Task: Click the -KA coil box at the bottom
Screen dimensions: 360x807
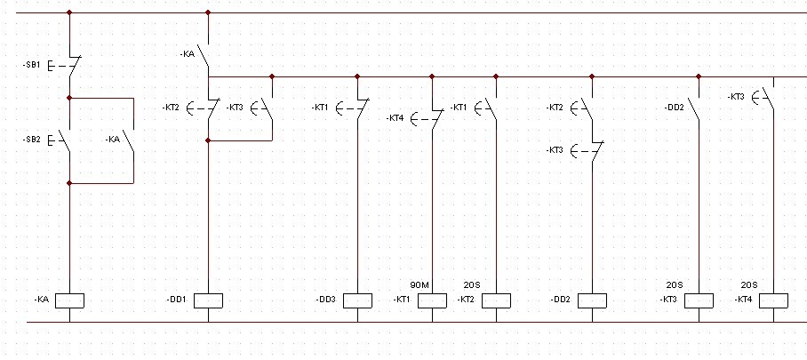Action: (x=69, y=300)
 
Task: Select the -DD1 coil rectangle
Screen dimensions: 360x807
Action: (x=207, y=300)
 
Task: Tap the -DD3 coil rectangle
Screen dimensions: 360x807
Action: (x=357, y=300)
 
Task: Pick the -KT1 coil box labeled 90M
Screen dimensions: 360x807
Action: (x=432, y=300)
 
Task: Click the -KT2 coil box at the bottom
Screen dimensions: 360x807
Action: (x=497, y=300)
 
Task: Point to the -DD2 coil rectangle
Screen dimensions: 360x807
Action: (x=592, y=300)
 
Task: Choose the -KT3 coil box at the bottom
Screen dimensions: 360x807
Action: (x=699, y=300)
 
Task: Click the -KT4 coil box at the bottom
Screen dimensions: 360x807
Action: (x=774, y=300)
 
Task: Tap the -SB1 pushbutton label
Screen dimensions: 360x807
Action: (x=30, y=66)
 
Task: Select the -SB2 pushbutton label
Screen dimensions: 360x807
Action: (x=30, y=140)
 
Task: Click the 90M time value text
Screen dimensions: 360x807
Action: (x=419, y=285)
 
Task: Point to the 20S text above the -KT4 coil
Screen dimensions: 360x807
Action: (x=749, y=285)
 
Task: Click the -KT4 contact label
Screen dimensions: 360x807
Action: (x=396, y=118)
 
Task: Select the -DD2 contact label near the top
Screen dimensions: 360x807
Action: (x=674, y=108)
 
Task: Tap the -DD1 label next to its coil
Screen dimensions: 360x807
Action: (x=176, y=300)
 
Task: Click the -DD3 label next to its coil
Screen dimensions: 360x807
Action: (x=326, y=300)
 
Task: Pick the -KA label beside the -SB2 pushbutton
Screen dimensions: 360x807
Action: (x=113, y=140)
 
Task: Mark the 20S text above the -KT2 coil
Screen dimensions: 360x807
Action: (x=472, y=285)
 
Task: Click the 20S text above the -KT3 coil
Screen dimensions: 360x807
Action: (x=675, y=285)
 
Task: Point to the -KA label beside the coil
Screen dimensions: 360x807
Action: (x=41, y=300)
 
